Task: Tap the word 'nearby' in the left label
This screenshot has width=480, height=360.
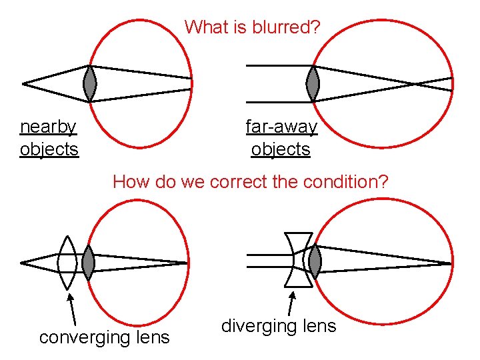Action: pyautogui.click(x=48, y=126)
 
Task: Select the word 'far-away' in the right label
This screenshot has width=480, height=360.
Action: pyautogui.click(x=281, y=126)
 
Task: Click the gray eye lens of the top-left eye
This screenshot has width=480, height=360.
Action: pyautogui.click(x=91, y=83)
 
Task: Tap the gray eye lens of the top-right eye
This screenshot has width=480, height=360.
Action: pyautogui.click(x=313, y=83)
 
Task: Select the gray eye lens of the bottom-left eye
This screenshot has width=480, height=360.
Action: pyautogui.click(x=87, y=262)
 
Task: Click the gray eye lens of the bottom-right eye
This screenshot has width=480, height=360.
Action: pyautogui.click(x=311, y=260)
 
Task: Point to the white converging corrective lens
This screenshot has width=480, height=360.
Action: pyautogui.click(x=67, y=262)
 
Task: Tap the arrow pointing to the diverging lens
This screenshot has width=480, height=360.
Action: pyautogui.click(x=291, y=300)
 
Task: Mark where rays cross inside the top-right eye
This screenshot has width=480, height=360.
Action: pyautogui.click(x=414, y=84)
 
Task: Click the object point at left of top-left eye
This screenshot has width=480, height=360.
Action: pyautogui.click(x=24, y=84)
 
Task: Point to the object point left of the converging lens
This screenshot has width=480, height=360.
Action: pyautogui.click(x=23, y=262)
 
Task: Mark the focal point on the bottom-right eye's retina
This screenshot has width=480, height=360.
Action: pyautogui.click(x=452, y=263)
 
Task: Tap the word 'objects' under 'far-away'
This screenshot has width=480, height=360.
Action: pyautogui.click(x=281, y=149)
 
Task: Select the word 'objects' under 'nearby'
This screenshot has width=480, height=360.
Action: pyautogui.click(x=49, y=149)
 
